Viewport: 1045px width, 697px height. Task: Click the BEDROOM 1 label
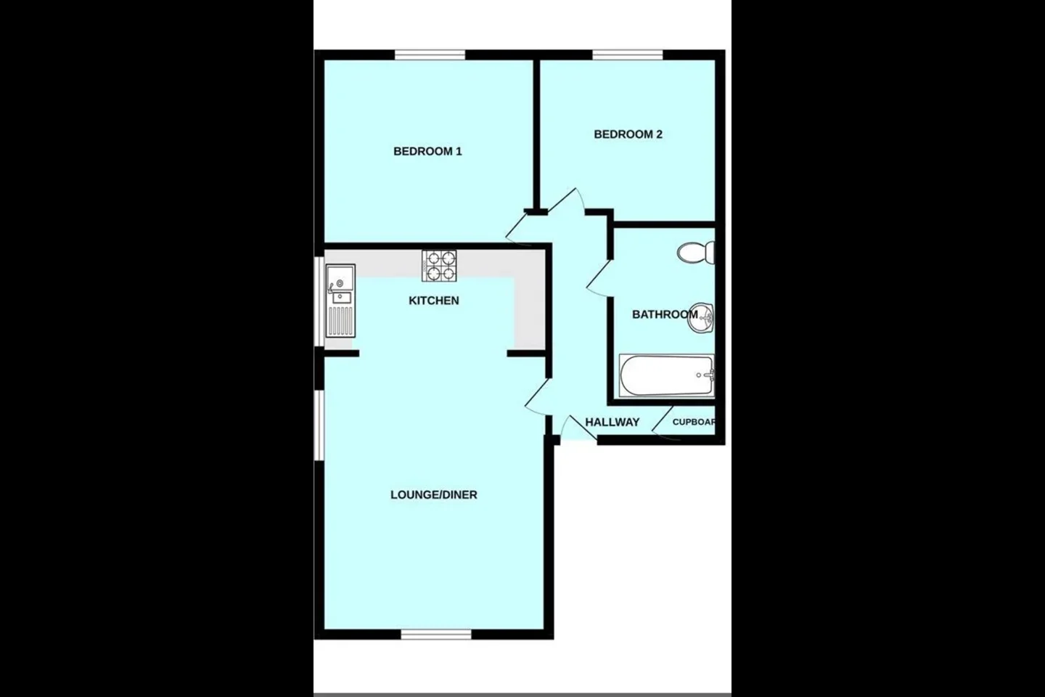click(427, 151)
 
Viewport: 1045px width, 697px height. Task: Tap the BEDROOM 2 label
click(628, 134)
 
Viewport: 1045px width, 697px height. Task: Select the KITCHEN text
click(434, 301)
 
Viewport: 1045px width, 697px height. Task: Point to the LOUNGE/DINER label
click(434, 495)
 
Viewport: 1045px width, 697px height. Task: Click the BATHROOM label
click(665, 314)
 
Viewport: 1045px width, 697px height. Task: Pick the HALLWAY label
click(612, 423)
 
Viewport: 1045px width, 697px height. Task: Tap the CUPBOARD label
click(694, 422)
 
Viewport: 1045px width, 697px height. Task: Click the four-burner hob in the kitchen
click(439, 266)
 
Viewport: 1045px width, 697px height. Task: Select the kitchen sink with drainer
click(340, 301)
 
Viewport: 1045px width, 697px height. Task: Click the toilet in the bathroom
click(696, 253)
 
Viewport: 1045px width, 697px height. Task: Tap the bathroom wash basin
click(701, 318)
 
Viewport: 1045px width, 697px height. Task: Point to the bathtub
click(667, 376)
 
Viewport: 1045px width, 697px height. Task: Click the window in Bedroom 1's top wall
click(430, 55)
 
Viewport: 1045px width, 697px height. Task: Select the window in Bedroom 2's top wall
click(628, 55)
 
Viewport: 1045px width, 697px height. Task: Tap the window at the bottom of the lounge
click(436, 634)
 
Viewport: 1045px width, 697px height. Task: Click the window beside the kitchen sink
click(319, 301)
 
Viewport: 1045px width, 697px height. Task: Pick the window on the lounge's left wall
click(319, 425)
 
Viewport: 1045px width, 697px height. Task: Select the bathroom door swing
click(599, 278)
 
